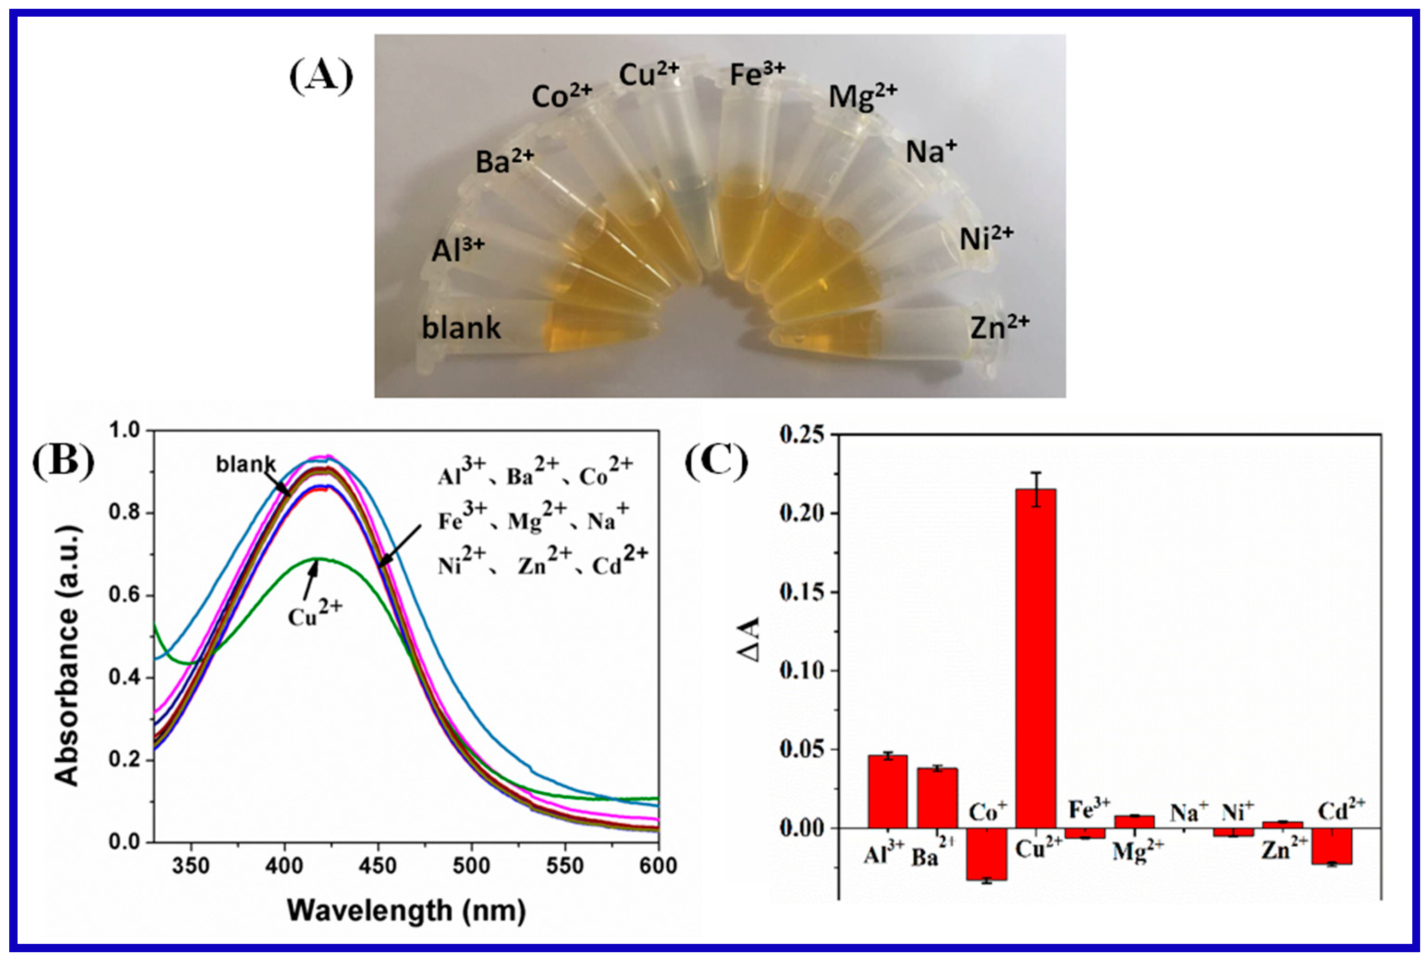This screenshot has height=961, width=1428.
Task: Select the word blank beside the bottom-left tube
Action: pyautogui.click(x=461, y=328)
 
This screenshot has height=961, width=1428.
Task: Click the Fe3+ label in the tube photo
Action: pyautogui.click(x=757, y=75)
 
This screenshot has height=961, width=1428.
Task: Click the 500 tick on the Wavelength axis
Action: pyautogui.click(x=471, y=866)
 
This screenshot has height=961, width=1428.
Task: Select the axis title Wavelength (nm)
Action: pyautogui.click(x=406, y=911)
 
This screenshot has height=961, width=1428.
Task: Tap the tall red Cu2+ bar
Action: pyautogui.click(x=1035, y=662)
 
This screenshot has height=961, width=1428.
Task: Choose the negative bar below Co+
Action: pyautogui.click(x=986, y=854)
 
